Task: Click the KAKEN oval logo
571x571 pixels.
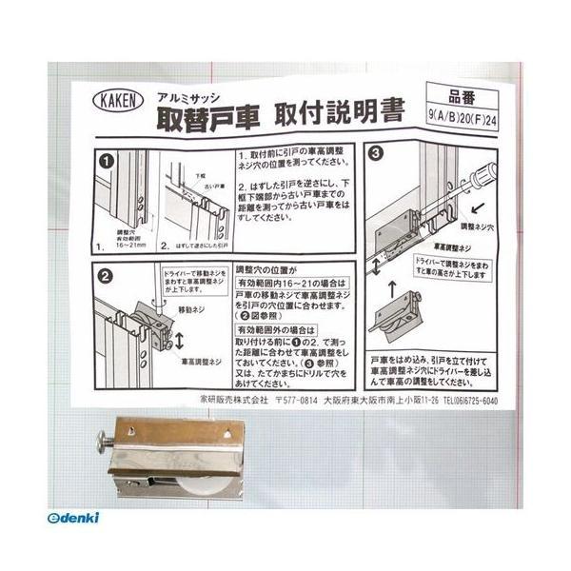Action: (119, 100)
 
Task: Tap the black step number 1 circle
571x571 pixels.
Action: (107, 160)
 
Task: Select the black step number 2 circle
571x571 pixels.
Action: (107, 276)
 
